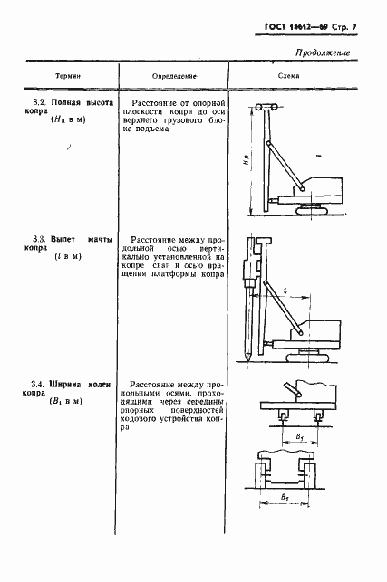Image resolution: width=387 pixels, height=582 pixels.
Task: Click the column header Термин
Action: pos(68,76)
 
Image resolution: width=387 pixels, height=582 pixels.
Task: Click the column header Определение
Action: pos(174,76)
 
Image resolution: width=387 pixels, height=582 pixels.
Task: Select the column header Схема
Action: pos(288,76)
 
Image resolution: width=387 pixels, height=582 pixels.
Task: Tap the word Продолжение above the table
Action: pos(323,52)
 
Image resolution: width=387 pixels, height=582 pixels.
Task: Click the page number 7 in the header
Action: pos(353,27)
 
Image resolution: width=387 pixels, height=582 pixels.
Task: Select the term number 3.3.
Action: pos(39,239)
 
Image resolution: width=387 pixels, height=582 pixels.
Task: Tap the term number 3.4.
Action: pos(38,384)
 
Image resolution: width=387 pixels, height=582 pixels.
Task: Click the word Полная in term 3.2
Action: pos(66,102)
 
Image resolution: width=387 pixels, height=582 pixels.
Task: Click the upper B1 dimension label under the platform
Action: pos(300,437)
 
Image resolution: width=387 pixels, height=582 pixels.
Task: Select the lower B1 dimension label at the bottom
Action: pos(285,498)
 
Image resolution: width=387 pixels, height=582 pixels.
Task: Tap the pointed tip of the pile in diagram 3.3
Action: pos(247,360)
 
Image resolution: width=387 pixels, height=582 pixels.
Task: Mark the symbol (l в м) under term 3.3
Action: pos(68,256)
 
